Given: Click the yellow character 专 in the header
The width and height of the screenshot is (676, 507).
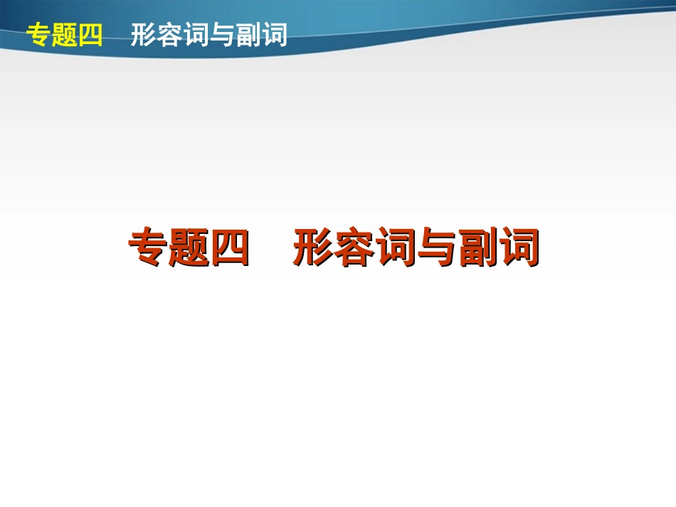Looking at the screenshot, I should coord(38,35).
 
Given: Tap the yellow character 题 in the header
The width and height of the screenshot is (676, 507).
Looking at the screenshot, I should coord(64,35).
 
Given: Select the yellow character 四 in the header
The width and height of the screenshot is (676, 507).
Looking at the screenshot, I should coord(90,35).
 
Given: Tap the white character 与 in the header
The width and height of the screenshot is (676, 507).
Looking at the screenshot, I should coord(222,35).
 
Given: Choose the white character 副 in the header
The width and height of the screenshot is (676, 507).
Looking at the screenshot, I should coord(248,35).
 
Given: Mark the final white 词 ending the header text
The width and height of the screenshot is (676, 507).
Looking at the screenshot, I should coord(275,35).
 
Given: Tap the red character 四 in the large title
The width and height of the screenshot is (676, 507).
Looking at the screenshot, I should coord(229,247).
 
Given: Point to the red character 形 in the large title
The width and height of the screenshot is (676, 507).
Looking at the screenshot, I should coord(313,247).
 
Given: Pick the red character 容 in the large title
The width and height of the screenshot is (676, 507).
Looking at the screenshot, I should coord(354,247).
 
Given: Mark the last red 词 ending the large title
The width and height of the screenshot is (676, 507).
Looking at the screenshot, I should coord(517,247).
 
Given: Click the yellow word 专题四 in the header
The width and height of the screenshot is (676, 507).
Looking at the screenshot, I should coord(64,35).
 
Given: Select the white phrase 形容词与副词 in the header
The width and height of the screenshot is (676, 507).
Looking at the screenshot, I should coord(208,35).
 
